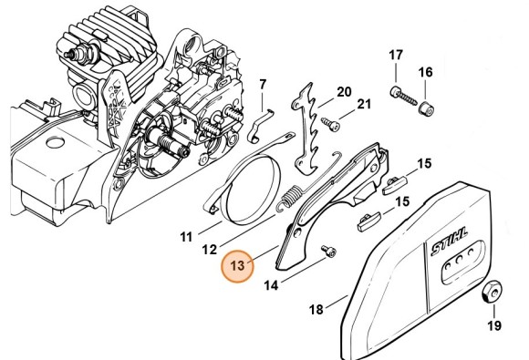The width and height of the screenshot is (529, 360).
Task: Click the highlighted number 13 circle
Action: pyautogui.click(x=238, y=266)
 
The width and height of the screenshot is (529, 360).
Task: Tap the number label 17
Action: pyautogui.click(x=396, y=56)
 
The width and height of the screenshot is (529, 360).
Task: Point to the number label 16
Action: pyautogui.click(x=425, y=72)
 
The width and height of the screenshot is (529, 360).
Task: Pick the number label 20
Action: pyautogui.click(x=344, y=91)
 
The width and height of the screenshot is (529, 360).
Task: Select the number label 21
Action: pyautogui.click(x=364, y=106)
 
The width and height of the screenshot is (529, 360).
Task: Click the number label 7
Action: pyautogui.click(x=262, y=86)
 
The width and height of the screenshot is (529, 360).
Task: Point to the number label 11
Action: pyautogui.click(x=185, y=237)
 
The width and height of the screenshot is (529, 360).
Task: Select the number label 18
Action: pyautogui.click(x=316, y=310)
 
